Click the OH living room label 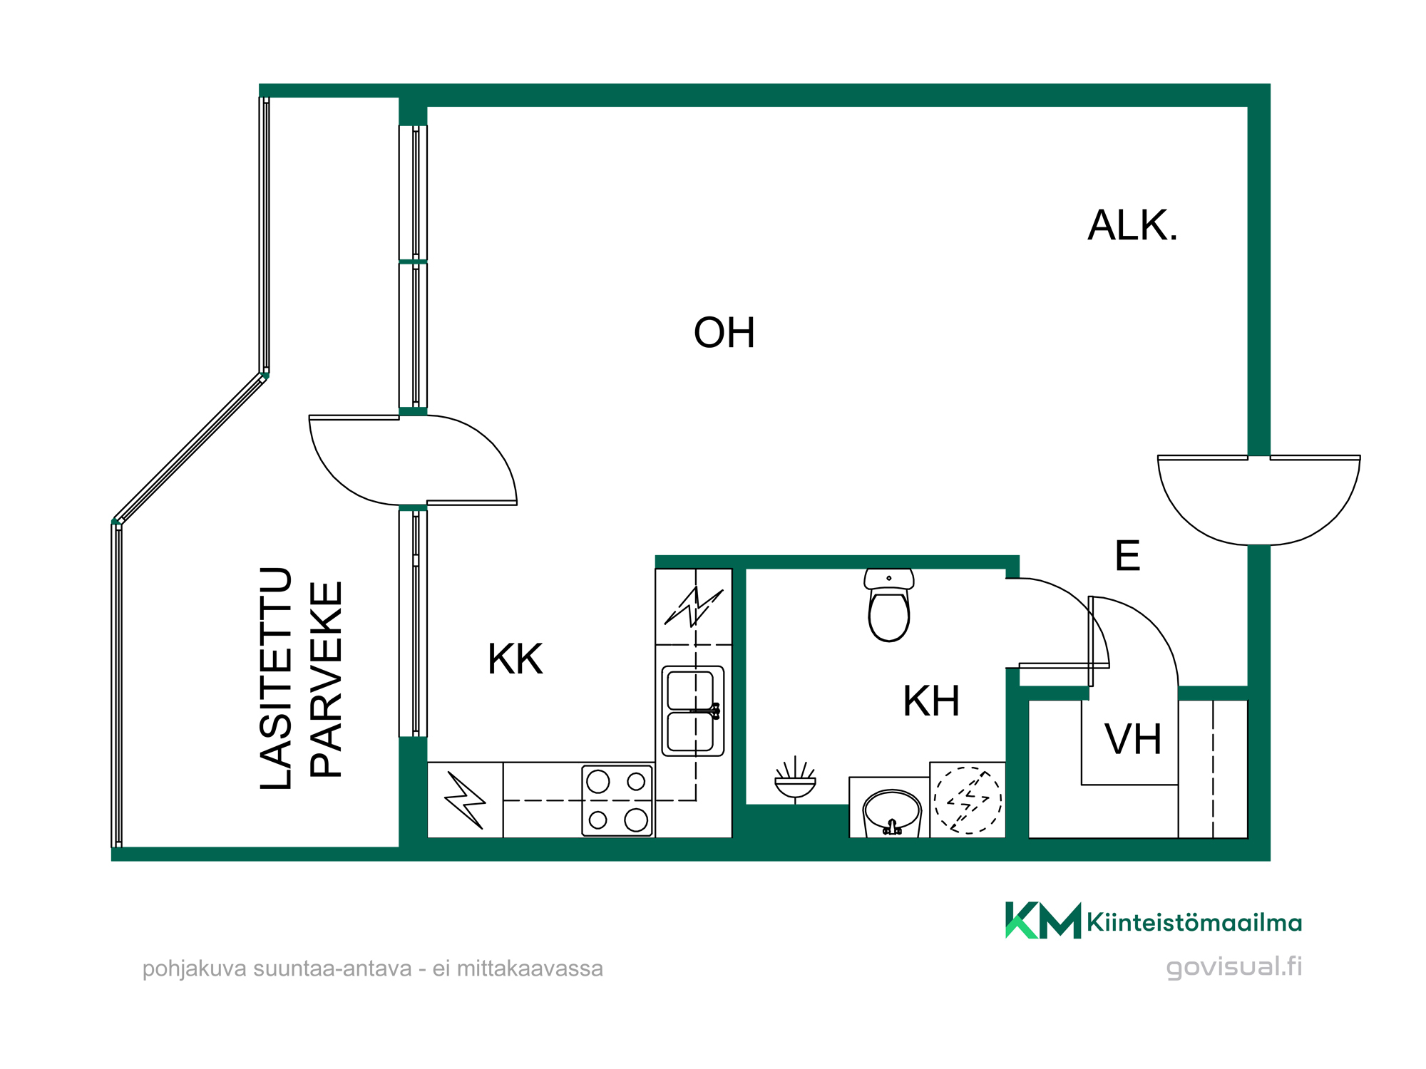pyautogui.click(x=724, y=333)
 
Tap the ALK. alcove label pyautogui.click(x=1132, y=225)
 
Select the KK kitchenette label pyautogui.click(x=515, y=659)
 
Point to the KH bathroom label pyautogui.click(x=930, y=701)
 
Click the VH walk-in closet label pyautogui.click(x=1133, y=739)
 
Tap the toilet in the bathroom pyautogui.click(x=889, y=604)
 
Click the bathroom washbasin pyautogui.click(x=892, y=812)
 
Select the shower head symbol pyautogui.click(x=795, y=780)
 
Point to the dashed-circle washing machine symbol pyautogui.click(x=968, y=800)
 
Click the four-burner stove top pyautogui.click(x=617, y=800)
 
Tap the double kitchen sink pyautogui.click(x=693, y=711)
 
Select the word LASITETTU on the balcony pyautogui.click(x=277, y=678)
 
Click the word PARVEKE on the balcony pyautogui.click(x=327, y=680)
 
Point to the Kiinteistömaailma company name pyautogui.click(x=1194, y=923)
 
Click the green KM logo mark pyautogui.click(x=1043, y=921)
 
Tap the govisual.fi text pyautogui.click(x=1234, y=967)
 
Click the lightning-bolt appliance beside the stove pyautogui.click(x=465, y=800)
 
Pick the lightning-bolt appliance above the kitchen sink pyautogui.click(x=694, y=606)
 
